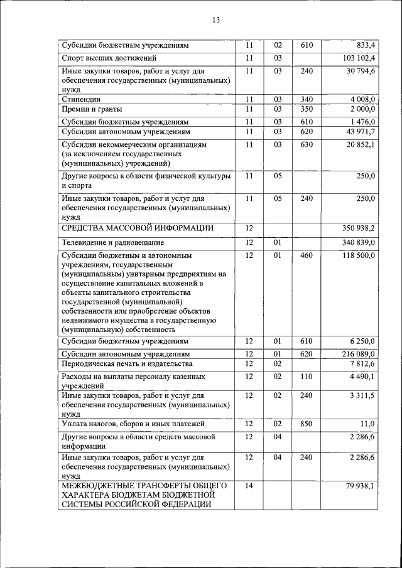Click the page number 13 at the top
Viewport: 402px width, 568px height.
click(x=215, y=19)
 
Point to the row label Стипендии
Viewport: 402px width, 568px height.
click(x=82, y=99)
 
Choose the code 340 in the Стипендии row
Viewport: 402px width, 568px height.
click(x=306, y=99)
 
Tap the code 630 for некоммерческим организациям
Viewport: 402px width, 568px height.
click(x=306, y=145)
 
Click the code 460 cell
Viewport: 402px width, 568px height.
click(x=306, y=255)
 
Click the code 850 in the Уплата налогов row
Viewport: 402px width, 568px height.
click(x=306, y=424)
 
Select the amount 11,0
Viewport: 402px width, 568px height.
click(x=367, y=424)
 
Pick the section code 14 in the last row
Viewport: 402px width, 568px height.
click(x=249, y=485)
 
